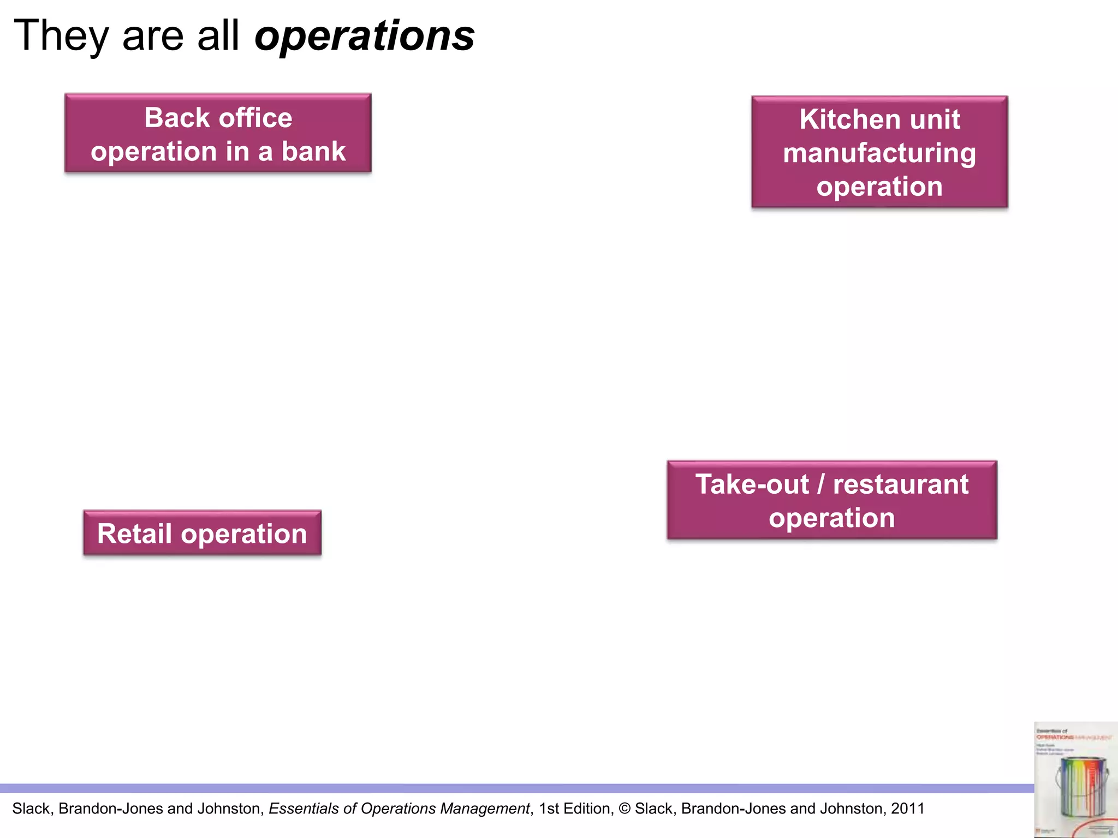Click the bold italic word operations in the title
[x=365, y=36]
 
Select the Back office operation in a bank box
[x=218, y=133]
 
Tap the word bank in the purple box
[x=313, y=151]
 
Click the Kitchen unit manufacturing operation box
[x=879, y=152]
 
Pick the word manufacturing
[x=879, y=153]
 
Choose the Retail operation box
[x=202, y=533]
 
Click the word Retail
[x=134, y=533]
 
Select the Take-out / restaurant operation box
[x=831, y=500]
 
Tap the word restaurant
[x=901, y=484]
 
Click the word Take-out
[x=752, y=484]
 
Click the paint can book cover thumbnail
[x=1075, y=780]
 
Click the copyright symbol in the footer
[x=625, y=809]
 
